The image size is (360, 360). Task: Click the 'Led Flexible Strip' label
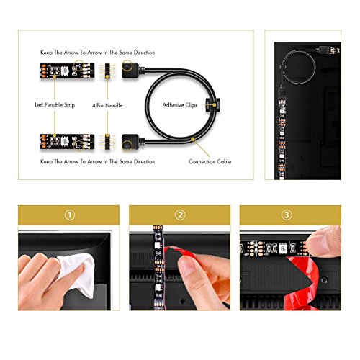(x=55, y=105)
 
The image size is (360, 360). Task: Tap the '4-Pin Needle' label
(x=107, y=105)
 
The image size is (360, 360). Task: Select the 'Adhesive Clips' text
(x=180, y=105)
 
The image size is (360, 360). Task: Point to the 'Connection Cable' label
(x=210, y=161)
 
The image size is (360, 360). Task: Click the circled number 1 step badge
(x=70, y=215)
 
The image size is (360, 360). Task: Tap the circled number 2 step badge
(x=180, y=215)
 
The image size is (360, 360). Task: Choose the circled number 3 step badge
(x=287, y=215)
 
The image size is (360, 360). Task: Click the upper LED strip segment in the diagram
(x=67, y=71)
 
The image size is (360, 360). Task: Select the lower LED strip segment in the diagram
(x=67, y=142)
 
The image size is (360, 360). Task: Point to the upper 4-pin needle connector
(x=107, y=71)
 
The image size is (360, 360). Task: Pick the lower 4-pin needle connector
(x=107, y=142)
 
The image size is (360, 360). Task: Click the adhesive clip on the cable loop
(x=212, y=105)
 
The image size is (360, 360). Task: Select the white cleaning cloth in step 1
(x=77, y=274)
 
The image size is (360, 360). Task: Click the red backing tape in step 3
(x=302, y=283)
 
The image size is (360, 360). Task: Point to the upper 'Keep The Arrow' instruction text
(x=97, y=53)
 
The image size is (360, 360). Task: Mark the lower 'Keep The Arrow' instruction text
(x=97, y=161)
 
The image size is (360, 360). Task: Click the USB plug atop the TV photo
(x=328, y=50)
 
